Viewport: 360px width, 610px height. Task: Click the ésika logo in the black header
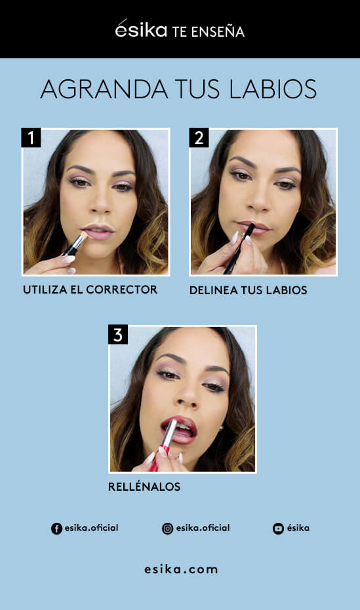(141, 30)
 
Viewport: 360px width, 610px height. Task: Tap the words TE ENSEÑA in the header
(208, 31)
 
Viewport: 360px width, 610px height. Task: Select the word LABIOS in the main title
(272, 90)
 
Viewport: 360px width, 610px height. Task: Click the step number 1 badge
(31, 138)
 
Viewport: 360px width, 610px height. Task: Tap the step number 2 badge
(199, 138)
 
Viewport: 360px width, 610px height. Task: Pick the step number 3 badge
(118, 335)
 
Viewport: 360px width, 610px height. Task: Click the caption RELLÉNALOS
(144, 487)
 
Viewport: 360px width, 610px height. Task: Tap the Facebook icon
(56, 529)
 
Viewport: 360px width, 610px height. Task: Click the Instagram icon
(167, 529)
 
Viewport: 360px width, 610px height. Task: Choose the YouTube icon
(278, 529)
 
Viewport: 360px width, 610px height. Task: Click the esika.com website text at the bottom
(181, 569)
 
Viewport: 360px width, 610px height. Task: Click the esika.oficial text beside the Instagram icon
(203, 528)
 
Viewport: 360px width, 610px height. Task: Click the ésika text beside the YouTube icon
(298, 528)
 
